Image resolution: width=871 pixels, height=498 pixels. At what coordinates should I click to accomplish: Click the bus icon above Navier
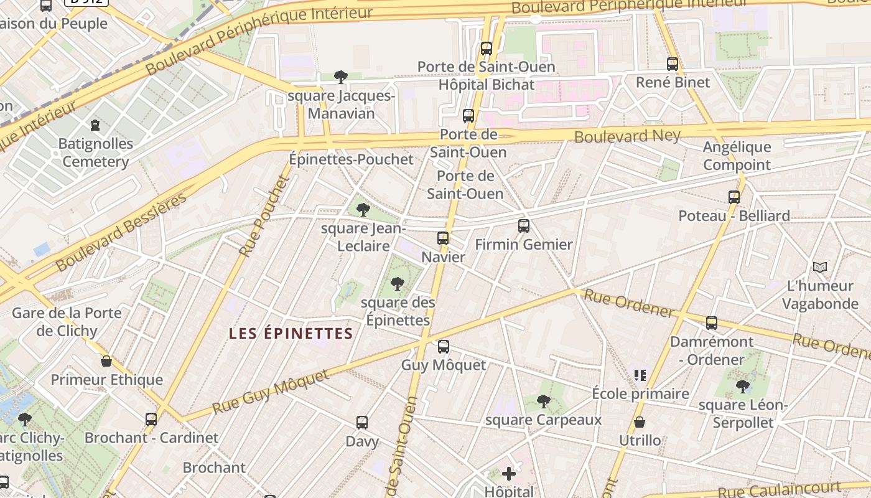(443, 238)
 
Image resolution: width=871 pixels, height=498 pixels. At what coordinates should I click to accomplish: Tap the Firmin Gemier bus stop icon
(524, 225)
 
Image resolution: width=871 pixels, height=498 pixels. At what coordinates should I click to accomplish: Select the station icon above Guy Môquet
(444, 347)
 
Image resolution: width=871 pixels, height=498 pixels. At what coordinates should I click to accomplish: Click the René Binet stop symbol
(672, 63)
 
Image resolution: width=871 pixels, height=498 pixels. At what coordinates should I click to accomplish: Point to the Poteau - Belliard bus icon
(734, 197)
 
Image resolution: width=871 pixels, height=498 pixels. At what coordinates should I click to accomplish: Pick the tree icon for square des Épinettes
(397, 284)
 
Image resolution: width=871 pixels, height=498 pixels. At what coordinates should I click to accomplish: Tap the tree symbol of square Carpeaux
(543, 402)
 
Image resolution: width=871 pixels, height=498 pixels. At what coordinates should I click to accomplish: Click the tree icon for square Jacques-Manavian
(340, 77)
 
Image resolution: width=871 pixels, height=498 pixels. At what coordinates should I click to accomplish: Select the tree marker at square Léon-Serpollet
(742, 387)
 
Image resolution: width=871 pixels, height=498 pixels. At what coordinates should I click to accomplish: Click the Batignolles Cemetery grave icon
(95, 125)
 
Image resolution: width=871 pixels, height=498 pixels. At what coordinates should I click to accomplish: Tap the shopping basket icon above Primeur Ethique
(106, 361)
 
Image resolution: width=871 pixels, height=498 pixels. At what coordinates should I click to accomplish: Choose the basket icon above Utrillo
(639, 423)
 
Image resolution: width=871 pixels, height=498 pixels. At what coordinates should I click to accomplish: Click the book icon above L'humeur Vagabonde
(820, 268)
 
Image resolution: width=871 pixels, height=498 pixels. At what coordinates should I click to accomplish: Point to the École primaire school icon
(640, 375)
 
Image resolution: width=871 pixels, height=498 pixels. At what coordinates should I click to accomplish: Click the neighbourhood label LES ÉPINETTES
(291, 334)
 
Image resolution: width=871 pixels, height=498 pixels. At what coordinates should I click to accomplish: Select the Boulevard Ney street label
(627, 136)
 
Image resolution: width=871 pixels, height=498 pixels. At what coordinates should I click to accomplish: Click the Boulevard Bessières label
(121, 232)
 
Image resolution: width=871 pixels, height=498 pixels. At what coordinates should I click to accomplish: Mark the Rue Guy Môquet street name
(271, 392)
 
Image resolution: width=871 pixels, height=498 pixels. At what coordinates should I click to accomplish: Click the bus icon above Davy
(362, 423)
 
